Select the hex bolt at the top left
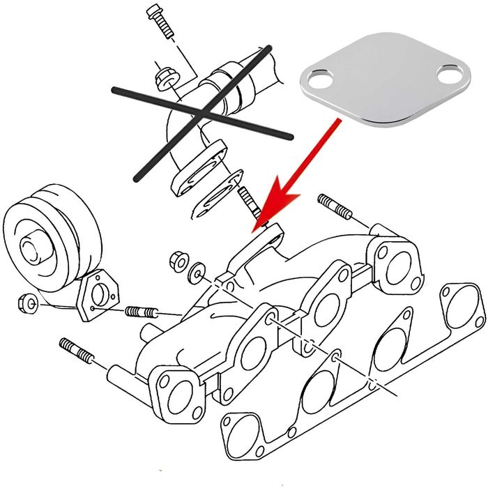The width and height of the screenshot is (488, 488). (x=160, y=22)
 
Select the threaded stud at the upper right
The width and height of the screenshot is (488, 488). (x=335, y=206)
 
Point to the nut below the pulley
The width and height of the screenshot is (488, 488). (x=27, y=304)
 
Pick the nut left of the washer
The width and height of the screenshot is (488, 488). (x=178, y=261)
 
